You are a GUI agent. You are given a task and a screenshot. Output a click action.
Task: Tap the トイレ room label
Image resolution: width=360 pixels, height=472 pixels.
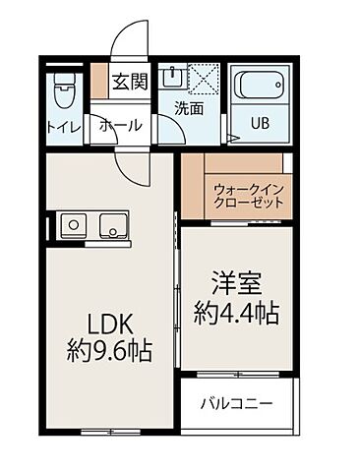coord(64,126)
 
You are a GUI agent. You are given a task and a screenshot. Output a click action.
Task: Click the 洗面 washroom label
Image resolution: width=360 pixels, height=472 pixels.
coord(189,109)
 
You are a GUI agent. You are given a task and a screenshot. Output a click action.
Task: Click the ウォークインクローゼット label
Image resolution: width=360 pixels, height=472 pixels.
coord(248,192)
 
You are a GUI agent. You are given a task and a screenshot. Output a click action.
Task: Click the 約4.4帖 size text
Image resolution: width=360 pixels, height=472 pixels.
coord(238,315)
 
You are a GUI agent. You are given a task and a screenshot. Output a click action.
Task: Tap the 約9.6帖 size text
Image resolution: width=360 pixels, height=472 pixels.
coord(109,351)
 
